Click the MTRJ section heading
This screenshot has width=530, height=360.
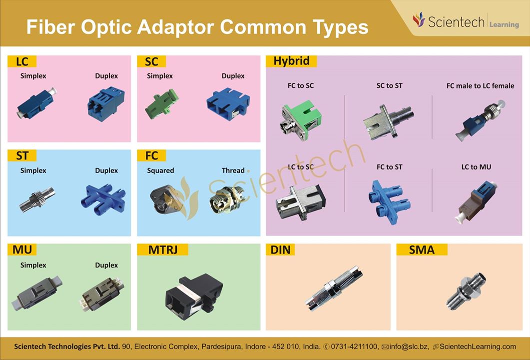pyautogui.click(x=162, y=250)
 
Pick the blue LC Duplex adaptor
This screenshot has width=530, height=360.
pyautogui.click(x=106, y=103)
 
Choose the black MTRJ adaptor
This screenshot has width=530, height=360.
pyautogui.click(x=194, y=296)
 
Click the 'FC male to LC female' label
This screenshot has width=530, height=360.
pyautogui.click(x=481, y=86)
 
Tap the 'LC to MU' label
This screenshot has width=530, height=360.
pyautogui.click(x=476, y=167)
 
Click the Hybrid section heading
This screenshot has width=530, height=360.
pyautogui.click(x=291, y=61)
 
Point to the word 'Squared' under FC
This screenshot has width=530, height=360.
pyautogui.click(x=160, y=170)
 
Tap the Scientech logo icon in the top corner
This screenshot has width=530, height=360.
pyautogui.click(x=419, y=19)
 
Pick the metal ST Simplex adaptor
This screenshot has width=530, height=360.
pyautogui.click(x=37, y=199)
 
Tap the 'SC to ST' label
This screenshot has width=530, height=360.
pyautogui.click(x=390, y=86)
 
